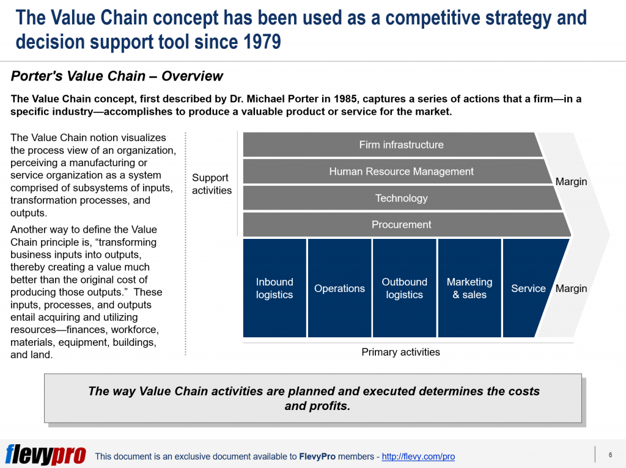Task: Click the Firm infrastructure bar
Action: (x=401, y=145)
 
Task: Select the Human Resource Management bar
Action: (x=401, y=172)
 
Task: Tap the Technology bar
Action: (x=401, y=198)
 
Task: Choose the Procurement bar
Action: (x=401, y=224)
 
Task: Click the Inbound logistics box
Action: (x=274, y=288)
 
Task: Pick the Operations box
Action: (x=339, y=288)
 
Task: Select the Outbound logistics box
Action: (x=404, y=288)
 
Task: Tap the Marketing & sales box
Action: (x=469, y=288)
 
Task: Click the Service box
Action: (x=528, y=288)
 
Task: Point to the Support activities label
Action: (x=212, y=184)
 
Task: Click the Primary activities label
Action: (x=400, y=352)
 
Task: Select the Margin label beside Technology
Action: (x=571, y=181)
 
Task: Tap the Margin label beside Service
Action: (x=571, y=288)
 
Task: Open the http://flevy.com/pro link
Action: (x=418, y=456)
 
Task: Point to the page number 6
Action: (x=610, y=455)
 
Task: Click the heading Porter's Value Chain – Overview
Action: (x=117, y=76)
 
